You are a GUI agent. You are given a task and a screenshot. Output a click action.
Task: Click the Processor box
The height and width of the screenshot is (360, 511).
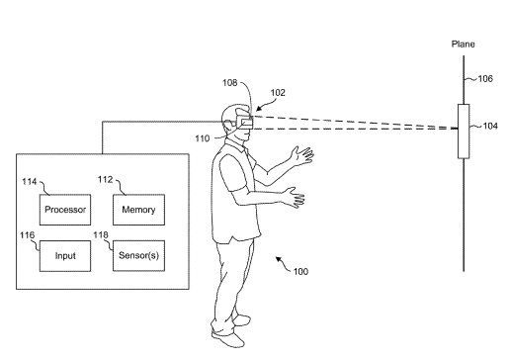click(65, 210)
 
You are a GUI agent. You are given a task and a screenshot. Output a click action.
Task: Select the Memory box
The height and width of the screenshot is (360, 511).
click(138, 210)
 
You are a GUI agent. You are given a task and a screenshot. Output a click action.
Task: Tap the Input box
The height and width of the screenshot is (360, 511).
click(65, 256)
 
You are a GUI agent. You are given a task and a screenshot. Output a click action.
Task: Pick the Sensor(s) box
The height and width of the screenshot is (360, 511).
click(138, 256)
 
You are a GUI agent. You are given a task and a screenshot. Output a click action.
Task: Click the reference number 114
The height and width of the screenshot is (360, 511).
click(30, 182)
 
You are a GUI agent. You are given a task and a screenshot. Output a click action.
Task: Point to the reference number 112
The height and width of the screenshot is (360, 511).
click(105, 179)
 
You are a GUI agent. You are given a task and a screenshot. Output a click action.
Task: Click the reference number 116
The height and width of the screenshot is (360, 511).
click(27, 235)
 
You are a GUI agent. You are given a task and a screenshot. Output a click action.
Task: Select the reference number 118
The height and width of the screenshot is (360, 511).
click(101, 234)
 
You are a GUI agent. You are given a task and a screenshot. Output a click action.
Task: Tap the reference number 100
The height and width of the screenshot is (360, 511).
click(300, 271)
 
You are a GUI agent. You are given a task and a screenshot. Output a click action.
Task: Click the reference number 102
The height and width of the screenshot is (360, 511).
click(278, 93)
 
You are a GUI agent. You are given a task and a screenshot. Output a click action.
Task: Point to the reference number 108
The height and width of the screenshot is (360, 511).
click(230, 82)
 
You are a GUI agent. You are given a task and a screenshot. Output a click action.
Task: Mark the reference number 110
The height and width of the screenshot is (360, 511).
click(202, 138)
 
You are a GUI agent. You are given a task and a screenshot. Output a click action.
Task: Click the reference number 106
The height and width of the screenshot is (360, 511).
click(485, 78)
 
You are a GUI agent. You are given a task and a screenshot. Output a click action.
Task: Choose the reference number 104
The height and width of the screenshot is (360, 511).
click(490, 126)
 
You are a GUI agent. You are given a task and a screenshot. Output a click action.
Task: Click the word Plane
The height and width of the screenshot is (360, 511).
click(463, 45)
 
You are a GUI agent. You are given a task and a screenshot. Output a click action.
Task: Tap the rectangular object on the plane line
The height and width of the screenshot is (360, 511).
click(464, 132)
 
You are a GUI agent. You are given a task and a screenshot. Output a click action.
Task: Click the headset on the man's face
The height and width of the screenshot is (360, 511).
click(244, 122)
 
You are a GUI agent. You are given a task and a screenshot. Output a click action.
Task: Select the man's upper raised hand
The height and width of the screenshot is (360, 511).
click(302, 155)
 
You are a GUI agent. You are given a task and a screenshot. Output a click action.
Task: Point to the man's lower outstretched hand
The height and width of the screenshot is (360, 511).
click(295, 197)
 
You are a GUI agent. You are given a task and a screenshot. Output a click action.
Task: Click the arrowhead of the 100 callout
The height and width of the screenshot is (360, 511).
click(279, 259)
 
